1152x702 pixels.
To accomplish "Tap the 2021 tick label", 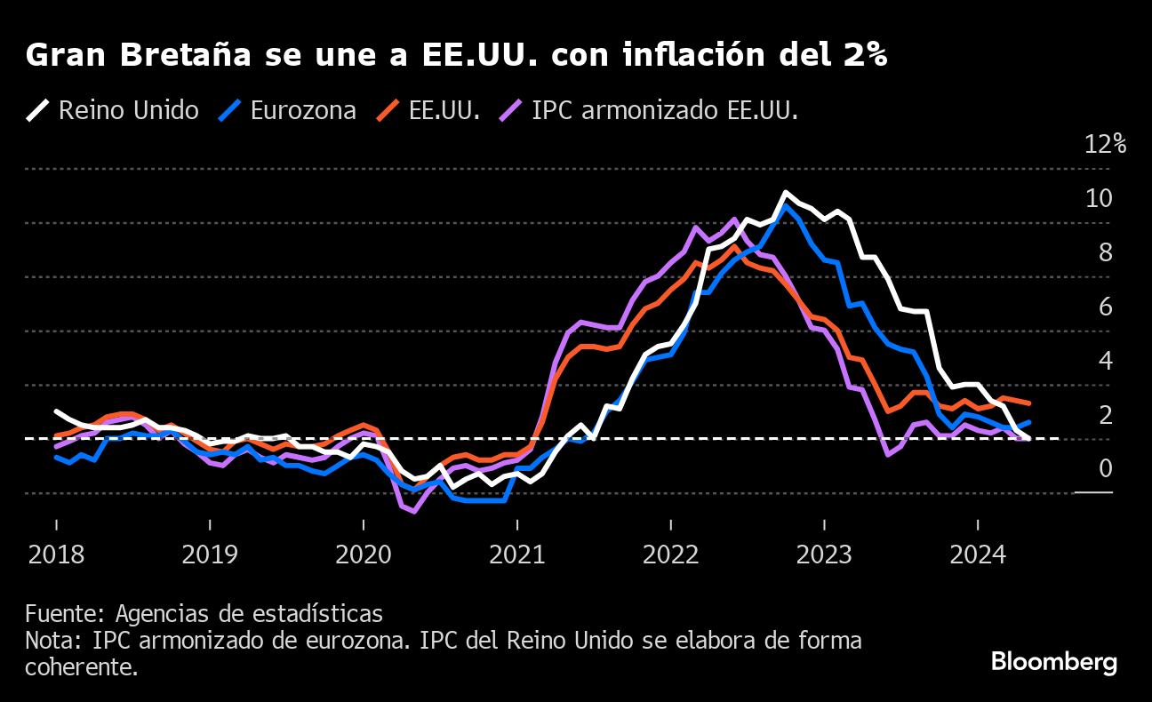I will (x=517, y=555).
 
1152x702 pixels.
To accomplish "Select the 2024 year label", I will (x=978, y=555).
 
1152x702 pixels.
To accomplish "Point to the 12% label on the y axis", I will (x=1106, y=144).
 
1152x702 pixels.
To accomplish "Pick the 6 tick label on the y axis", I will (x=1105, y=307).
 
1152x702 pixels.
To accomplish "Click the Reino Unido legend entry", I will (x=128, y=111).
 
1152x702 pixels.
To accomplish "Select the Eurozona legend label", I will (x=303, y=111).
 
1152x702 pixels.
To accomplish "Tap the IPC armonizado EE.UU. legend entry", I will (x=664, y=111).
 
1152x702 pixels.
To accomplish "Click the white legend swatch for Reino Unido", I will (x=38, y=111).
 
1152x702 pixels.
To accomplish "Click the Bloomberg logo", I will (x=1053, y=662).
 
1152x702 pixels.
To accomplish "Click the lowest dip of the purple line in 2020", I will (x=414, y=511).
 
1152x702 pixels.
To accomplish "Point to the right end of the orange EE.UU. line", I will (x=1028, y=403).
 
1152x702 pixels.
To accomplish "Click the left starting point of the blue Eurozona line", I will (x=56, y=457).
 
